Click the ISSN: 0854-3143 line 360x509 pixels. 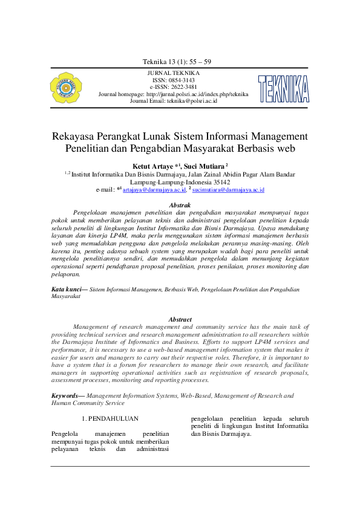tap(174, 80)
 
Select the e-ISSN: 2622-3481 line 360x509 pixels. tap(174, 87)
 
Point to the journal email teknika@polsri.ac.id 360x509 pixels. tap(192, 101)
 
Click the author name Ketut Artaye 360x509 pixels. tap(152, 165)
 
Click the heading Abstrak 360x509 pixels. tap(180, 206)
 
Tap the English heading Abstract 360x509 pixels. tap(180, 319)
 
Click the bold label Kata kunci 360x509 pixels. tap(67, 290)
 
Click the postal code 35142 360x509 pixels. tap(217, 182)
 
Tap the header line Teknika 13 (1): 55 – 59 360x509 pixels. tap(176, 62)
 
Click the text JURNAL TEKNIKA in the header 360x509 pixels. tap(173, 73)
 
